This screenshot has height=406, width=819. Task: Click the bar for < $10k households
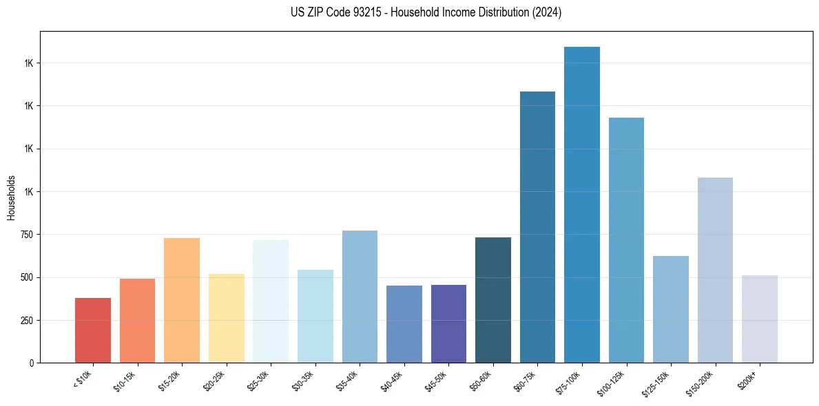[x=93, y=330]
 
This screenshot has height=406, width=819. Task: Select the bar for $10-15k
[x=137, y=321]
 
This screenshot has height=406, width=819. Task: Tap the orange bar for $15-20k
[x=182, y=300]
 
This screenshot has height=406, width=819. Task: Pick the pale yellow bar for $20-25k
[x=226, y=318]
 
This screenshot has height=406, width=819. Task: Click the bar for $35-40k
[x=360, y=297]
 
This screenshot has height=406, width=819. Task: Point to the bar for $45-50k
[x=448, y=323]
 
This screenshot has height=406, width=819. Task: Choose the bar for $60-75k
[x=537, y=227]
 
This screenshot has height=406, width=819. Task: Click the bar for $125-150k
[x=671, y=309]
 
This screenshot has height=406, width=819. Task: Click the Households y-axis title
[x=11, y=197]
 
